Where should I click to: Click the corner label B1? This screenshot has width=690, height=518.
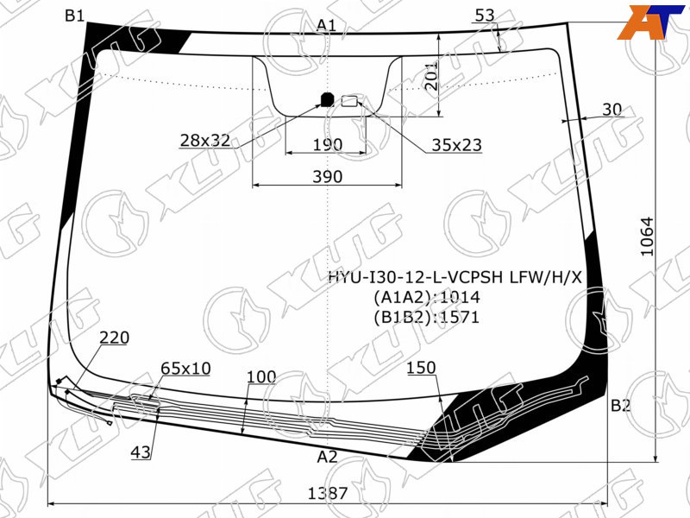click(x=74, y=16)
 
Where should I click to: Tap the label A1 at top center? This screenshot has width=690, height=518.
click(x=326, y=25)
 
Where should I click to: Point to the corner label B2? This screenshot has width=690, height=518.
click(x=620, y=405)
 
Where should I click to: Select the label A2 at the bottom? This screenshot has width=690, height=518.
click(x=327, y=458)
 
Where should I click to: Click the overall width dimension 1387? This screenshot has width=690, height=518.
click(x=328, y=493)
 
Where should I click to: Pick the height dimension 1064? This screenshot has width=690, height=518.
click(x=648, y=237)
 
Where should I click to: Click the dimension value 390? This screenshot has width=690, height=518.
click(x=328, y=177)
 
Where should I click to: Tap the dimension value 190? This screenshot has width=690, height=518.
click(x=328, y=144)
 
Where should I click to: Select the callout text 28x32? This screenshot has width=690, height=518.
click(x=205, y=140)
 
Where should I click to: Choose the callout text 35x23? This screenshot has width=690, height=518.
click(x=457, y=144)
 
